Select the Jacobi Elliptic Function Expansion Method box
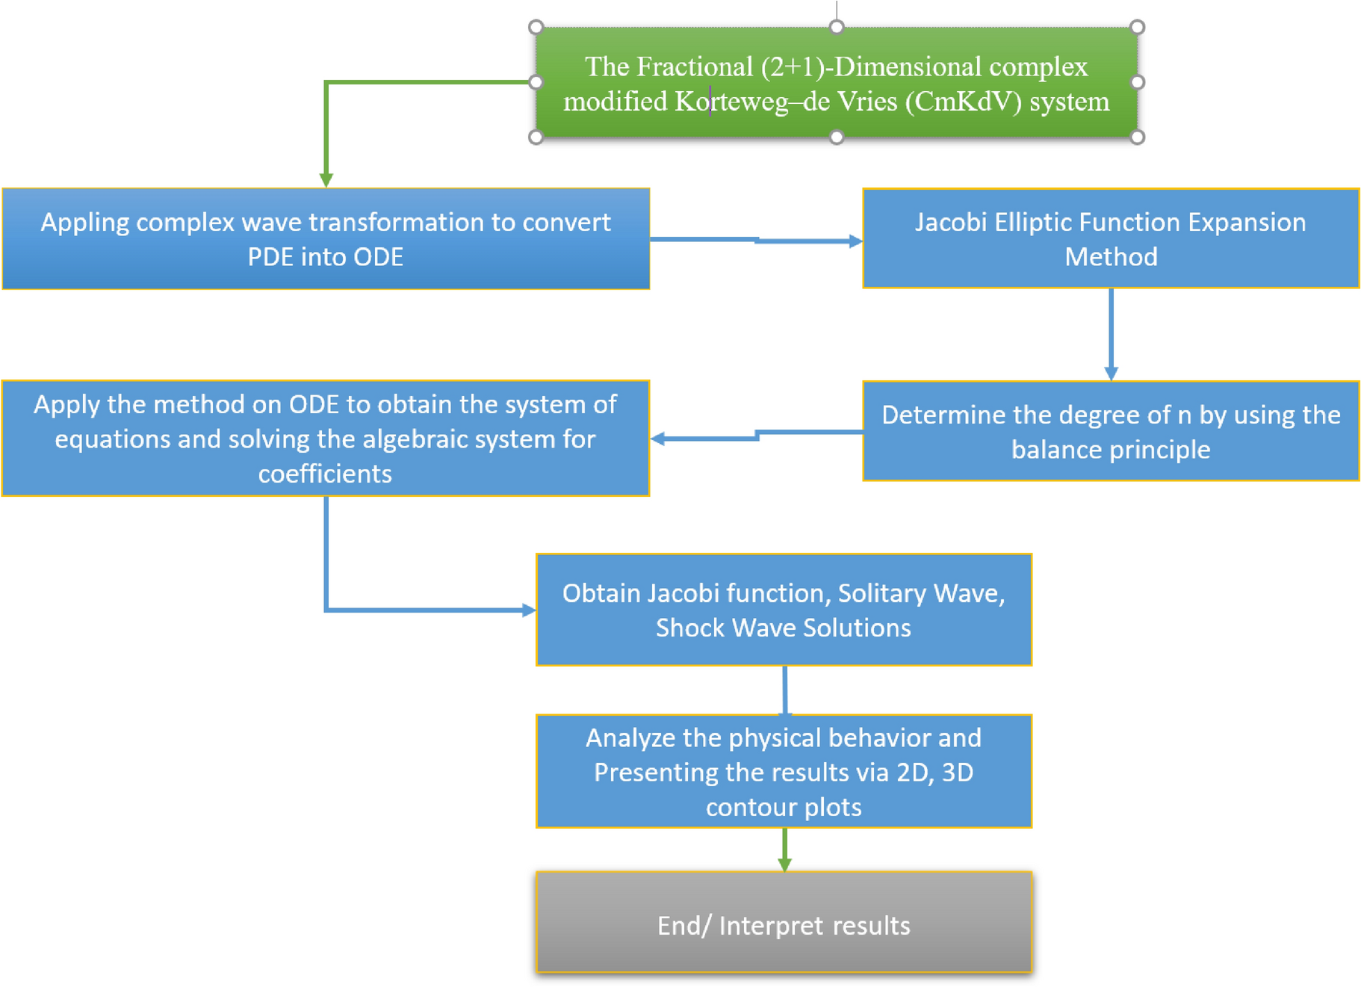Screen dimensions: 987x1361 pos(1111,238)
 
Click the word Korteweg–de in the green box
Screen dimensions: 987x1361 pos(752,102)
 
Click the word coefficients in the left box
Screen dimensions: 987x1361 pos(325,474)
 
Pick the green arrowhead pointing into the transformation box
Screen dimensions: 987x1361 pos(326,180)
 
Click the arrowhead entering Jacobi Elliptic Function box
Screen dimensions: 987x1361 pos(855,241)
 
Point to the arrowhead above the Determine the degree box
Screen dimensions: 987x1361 pos(1111,373)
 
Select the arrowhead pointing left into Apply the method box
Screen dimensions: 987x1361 pos(658,439)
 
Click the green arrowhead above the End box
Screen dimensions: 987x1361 pos(784,864)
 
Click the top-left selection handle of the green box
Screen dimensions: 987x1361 pos(536,28)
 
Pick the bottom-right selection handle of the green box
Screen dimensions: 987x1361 pos(1137,137)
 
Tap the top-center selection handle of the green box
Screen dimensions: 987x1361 pos(837,28)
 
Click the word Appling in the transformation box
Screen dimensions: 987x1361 pos(84,223)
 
